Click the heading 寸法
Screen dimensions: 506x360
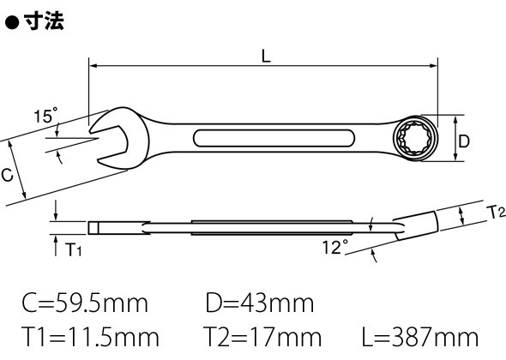click(x=44, y=21)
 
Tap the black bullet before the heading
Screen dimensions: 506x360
click(x=12, y=23)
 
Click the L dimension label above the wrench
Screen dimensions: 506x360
click(x=266, y=57)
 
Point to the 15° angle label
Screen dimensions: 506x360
click(x=45, y=116)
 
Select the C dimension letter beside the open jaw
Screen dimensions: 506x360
click(x=7, y=175)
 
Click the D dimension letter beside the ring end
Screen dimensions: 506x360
click(x=464, y=141)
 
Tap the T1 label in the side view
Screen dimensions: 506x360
click(x=73, y=249)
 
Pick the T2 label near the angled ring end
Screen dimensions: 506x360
click(x=496, y=213)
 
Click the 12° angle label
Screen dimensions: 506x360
click(x=335, y=248)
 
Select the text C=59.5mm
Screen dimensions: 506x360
click(x=85, y=303)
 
